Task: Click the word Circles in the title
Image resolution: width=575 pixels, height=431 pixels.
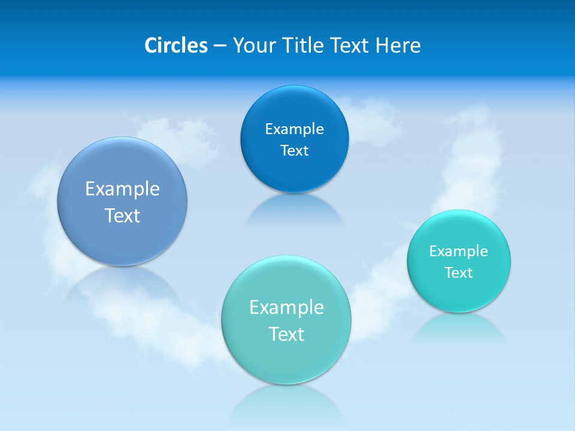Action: [175, 45]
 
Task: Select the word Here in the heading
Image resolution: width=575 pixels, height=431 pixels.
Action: [398, 45]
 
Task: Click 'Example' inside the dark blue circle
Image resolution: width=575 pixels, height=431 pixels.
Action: [294, 129]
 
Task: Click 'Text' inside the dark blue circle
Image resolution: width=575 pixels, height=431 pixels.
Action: [294, 151]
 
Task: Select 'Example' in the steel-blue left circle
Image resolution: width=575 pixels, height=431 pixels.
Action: [122, 189]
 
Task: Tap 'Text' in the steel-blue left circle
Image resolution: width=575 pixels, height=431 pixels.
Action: [122, 215]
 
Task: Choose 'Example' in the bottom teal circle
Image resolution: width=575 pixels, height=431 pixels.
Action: [286, 308]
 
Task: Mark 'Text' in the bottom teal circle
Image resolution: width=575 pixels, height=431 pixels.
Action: [286, 334]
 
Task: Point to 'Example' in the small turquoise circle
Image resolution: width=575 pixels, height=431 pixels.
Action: [459, 251]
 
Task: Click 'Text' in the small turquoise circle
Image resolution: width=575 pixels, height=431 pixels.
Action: [459, 273]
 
